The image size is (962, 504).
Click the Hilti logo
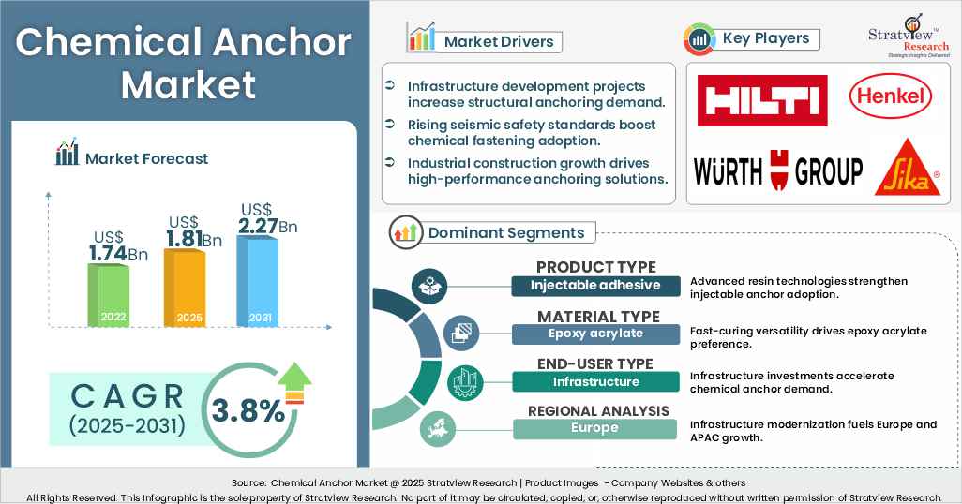pyautogui.click(x=761, y=100)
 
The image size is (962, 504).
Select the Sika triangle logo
pyautogui.click(x=907, y=168)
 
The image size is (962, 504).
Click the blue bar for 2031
pyautogui.click(x=258, y=280)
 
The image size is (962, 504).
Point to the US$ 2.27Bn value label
pyautogui.click(x=267, y=218)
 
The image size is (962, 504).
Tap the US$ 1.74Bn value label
pyautogui.click(x=119, y=245)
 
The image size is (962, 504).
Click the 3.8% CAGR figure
pyautogui.click(x=248, y=409)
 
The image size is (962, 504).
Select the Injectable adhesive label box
pyautogui.click(x=594, y=286)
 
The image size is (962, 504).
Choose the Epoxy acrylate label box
pyautogui.click(x=594, y=334)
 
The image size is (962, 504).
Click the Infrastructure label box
pyautogui.click(x=594, y=381)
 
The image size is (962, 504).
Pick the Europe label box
pyautogui.click(x=594, y=429)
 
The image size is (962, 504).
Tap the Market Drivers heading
pyautogui.click(x=498, y=42)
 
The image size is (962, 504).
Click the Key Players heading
pyautogui.click(x=765, y=39)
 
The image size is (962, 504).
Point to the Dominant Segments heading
pyautogui.click(x=505, y=232)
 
